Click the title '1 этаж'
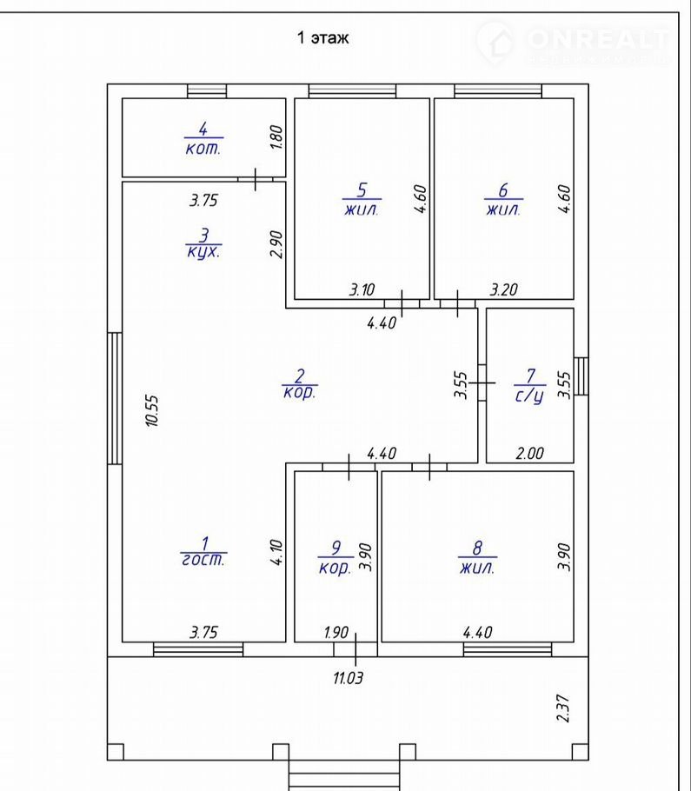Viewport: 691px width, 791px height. [x=322, y=38]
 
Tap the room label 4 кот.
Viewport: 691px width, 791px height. [x=203, y=139]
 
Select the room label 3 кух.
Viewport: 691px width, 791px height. [x=203, y=243]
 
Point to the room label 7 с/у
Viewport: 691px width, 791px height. [x=529, y=387]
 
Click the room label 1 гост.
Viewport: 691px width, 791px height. [x=203, y=552]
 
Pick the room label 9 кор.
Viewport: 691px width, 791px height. [x=336, y=557]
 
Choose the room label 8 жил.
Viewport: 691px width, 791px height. [x=477, y=557]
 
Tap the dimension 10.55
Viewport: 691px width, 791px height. [x=152, y=410]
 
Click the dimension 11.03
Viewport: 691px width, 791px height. [x=348, y=677]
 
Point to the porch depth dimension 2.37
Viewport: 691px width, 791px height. [x=563, y=708]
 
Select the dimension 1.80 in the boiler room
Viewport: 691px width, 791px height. [x=276, y=137]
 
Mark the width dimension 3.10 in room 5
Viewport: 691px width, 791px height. [x=362, y=289]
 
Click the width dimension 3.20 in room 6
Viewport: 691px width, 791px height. [x=504, y=289]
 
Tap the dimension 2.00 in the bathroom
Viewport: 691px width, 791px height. [x=529, y=453]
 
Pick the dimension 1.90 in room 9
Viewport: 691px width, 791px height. [x=336, y=632]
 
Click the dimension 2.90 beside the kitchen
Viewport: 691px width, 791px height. [x=276, y=244]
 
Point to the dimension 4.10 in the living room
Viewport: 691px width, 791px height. [x=276, y=552]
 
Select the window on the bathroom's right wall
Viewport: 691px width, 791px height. [x=581, y=376]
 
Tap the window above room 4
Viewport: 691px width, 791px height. [x=207, y=90]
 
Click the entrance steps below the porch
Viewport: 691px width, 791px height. [x=344, y=775]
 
